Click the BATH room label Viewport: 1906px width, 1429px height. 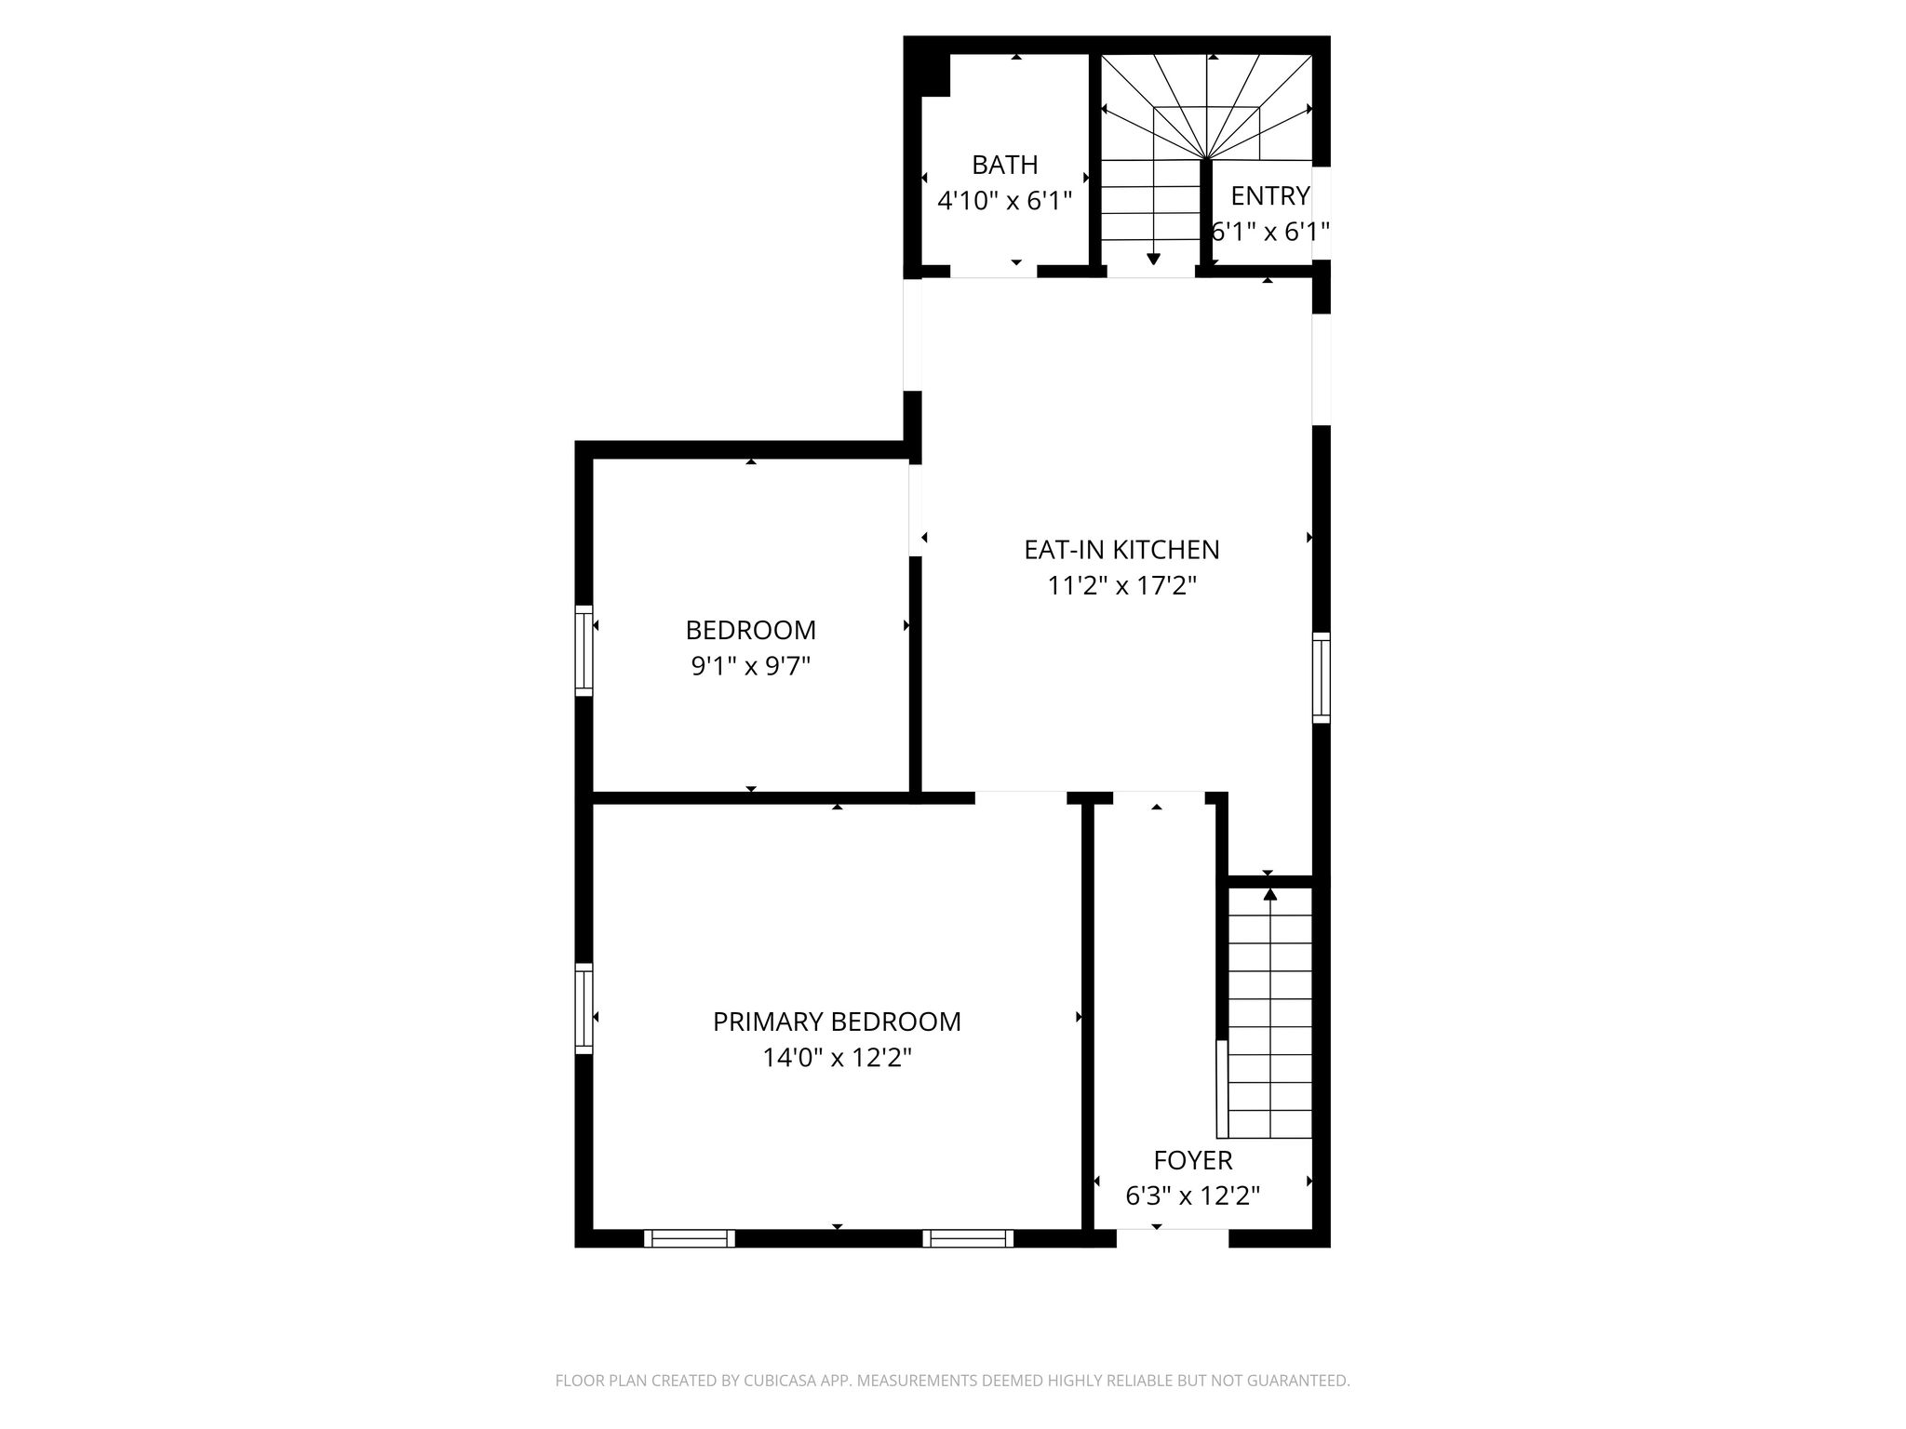[x=1004, y=165]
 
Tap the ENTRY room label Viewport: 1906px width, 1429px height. [x=1269, y=196]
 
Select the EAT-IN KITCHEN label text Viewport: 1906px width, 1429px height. [x=1121, y=550]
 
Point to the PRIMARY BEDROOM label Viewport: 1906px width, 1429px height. [x=837, y=1022]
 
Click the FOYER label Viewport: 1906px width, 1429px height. [x=1193, y=1160]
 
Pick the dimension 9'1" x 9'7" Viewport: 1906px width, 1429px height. [x=751, y=666]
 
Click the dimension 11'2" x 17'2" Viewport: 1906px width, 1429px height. [x=1121, y=585]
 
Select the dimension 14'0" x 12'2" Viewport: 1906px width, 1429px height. [x=837, y=1058]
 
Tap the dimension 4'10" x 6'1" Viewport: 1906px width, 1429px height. [x=1004, y=200]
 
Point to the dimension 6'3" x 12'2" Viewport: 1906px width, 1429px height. [x=1193, y=1195]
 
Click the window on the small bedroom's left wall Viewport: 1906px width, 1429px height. [x=584, y=649]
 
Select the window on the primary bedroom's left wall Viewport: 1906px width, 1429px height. [x=584, y=1008]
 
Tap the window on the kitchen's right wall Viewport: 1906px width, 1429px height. [x=1322, y=677]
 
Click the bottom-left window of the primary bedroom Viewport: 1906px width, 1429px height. [x=690, y=1238]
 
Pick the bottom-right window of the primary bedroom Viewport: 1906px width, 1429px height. [x=969, y=1238]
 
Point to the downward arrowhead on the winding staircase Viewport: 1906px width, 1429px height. [x=1154, y=259]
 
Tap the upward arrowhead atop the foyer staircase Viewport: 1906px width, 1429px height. [x=1270, y=895]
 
